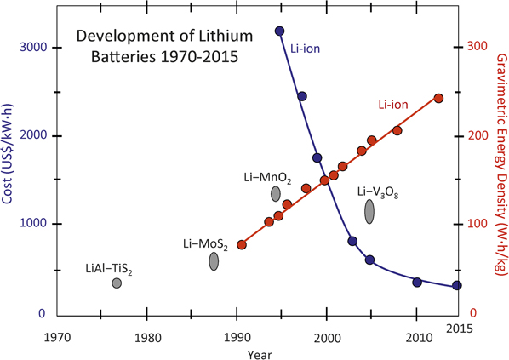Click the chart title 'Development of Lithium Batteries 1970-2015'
tap(154, 49)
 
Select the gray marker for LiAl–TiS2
tap(117, 283)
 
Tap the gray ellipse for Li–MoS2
tap(214, 261)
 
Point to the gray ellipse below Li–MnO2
tap(276, 194)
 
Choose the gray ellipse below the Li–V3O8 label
tap(370, 210)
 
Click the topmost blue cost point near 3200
tap(280, 31)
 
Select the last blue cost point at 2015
tap(457, 286)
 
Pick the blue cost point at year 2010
tap(417, 282)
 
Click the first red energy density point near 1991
tap(242, 244)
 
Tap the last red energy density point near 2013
tap(439, 98)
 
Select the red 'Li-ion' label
tap(393, 106)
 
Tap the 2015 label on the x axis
tap(460, 329)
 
